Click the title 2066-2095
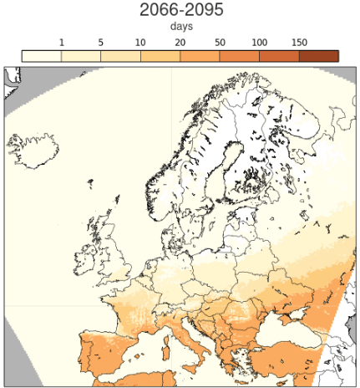(180, 11)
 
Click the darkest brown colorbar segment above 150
(318, 55)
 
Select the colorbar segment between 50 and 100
(240, 55)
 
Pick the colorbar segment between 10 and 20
(160, 55)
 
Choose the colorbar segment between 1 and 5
(81, 55)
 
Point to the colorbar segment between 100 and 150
(279, 55)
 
